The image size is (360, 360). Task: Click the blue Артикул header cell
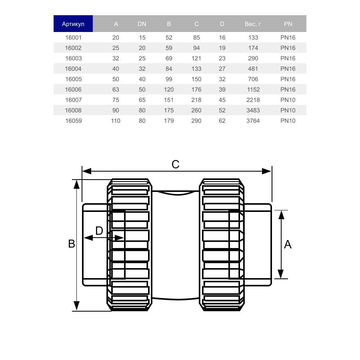pos(73,24)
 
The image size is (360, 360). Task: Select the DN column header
pos(142,24)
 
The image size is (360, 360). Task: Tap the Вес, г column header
pos(253,24)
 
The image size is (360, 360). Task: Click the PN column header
pos(288,24)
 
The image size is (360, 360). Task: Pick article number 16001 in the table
pos(73,38)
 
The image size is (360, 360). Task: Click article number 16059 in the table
pos(73,121)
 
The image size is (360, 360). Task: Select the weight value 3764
pos(253,121)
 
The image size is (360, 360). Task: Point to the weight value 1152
pos(253,90)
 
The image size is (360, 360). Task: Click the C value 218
pos(196,100)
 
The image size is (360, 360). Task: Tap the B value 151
pos(169,100)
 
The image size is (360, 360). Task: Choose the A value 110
pos(116,121)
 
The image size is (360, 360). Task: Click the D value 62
pos(222,121)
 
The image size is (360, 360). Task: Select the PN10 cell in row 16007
pos(288,100)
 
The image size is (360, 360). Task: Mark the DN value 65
pos(142,100)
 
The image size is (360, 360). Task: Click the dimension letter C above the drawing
pos(175,164)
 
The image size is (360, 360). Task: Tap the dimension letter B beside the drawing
pos(72,244)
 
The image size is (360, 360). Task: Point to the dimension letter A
pos(288,244)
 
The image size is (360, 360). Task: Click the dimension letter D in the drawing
pos(99,231)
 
